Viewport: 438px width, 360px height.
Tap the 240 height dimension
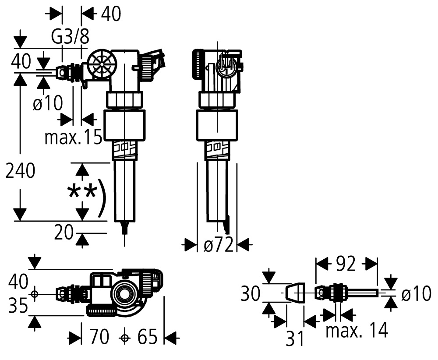coord(21,171)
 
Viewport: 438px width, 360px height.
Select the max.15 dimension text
coord(74,137)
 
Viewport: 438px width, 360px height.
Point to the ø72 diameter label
coord(218,245)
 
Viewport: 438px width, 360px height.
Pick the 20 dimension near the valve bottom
coord(64,233)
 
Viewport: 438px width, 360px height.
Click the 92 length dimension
coord(346,264)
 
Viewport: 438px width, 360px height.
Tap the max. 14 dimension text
coord(357,330)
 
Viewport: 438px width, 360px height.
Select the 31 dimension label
coord(295,339)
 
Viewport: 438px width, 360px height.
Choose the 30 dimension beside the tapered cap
coord(250,293)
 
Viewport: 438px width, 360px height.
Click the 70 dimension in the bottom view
coord(99,336)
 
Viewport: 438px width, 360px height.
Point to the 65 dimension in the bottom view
coord(148,336)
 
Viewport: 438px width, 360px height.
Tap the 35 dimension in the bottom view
coord(18,305)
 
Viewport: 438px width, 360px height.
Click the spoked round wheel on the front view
coord(100,64)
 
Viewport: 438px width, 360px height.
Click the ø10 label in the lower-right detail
coord(416,294)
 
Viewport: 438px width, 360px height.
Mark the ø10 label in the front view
coord(48,103)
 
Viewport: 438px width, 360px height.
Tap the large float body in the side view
coord(217,125)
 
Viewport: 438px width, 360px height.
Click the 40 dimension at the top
coord(111,14)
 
